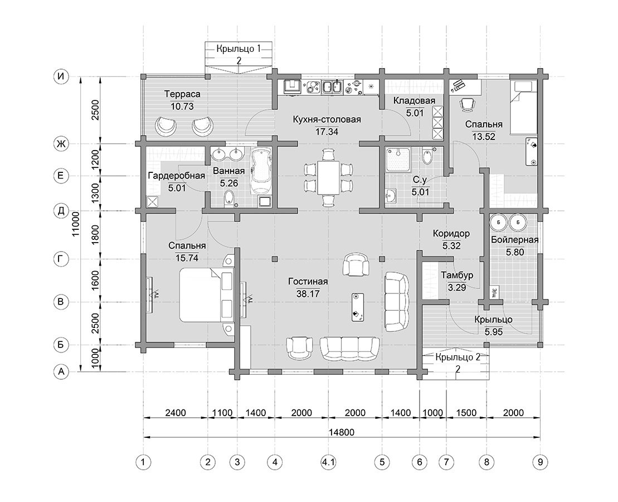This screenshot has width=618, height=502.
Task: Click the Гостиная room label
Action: pos(308,282)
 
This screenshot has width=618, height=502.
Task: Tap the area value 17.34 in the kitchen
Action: pos(327,132)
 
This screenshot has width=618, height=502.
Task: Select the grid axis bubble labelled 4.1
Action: pos(328,462)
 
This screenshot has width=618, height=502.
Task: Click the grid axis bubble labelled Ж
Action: pos(61,144)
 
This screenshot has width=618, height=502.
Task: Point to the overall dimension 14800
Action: pos(341,432)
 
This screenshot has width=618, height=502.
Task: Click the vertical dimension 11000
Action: pos(76,224)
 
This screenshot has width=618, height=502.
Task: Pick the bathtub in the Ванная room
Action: pos(261,171)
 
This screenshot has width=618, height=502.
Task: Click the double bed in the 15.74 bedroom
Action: pos(207,295)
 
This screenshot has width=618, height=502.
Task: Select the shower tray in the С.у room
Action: pos(398,160)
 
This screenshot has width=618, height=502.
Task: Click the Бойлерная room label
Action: pos(514,240)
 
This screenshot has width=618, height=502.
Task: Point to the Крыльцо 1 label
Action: pos(239,49)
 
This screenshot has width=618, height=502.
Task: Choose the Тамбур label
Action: pos(457,275)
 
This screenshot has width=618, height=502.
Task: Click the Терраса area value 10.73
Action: pos(182,107)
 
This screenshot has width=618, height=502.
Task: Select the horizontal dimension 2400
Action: pos(176,413)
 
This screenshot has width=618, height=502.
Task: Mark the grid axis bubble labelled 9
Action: pos(540,462)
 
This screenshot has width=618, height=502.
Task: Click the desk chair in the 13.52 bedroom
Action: pos(466,105)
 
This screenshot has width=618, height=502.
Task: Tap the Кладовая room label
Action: pos(414,100)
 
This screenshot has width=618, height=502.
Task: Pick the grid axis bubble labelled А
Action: pos(61,372)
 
